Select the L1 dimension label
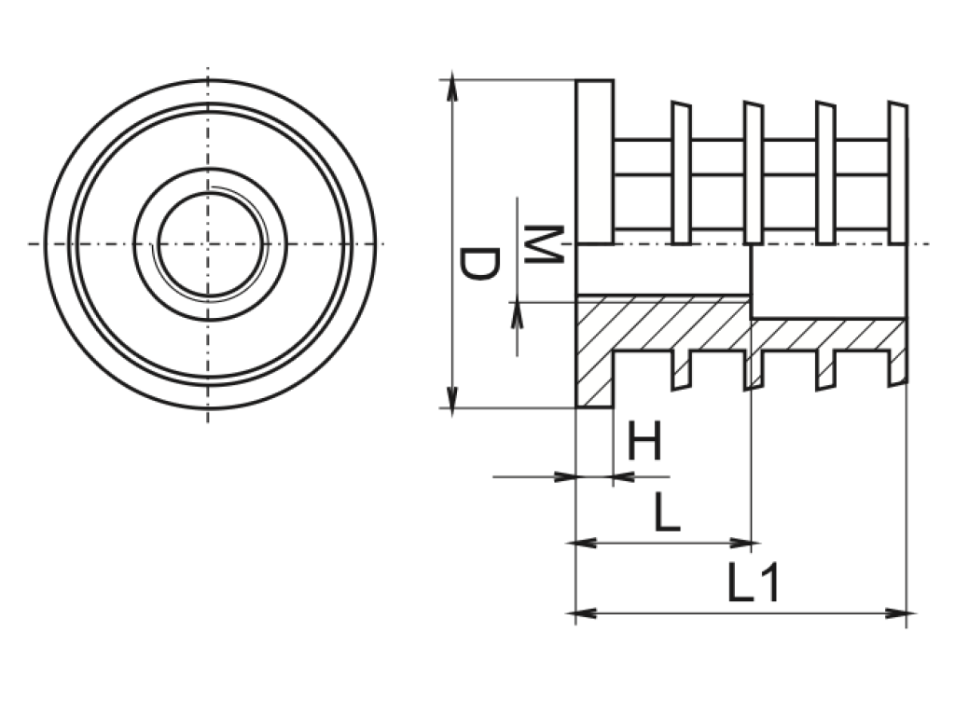coord(752,584)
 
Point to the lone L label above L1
coord(666,513)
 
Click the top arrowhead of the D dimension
coord(452,89)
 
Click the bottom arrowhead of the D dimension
coord(452,398)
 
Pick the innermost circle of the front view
coord(209,244)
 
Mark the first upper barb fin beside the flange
coord(681,172)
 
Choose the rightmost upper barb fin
coord(897,172)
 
